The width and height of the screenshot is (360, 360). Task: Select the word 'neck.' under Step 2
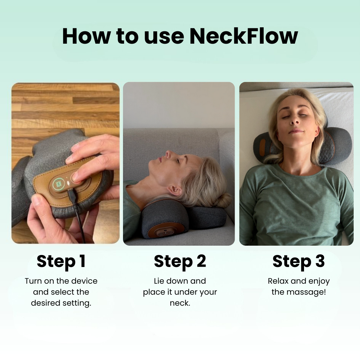click(180, 303)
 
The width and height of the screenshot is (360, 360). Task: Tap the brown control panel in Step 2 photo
click(166, 231)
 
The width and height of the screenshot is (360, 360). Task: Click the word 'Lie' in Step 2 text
click(160, 281)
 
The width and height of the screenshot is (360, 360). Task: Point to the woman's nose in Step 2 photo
click(169, 154)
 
